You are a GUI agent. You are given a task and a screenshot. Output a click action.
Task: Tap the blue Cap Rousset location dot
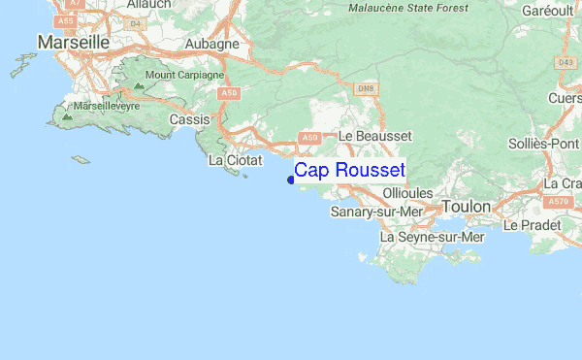[x=291, y=180]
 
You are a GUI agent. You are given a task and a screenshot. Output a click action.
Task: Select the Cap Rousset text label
[x=349, y=171]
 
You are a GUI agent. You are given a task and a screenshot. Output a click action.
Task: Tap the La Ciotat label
[x=230, y=160]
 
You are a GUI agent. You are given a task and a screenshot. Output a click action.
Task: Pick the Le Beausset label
[x=375, y=137]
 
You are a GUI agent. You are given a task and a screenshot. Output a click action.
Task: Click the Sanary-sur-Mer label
[x=377, y=212]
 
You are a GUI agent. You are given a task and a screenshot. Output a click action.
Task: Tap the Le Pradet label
[x=532, y=225]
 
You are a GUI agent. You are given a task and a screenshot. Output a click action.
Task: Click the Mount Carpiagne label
[x=184, y=75]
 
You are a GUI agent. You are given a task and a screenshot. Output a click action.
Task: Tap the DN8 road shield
[x=365, y=90]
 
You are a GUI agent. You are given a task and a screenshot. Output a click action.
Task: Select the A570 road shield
[x=558, y=201]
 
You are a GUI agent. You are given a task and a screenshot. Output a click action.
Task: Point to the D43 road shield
[x=566, y=63]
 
